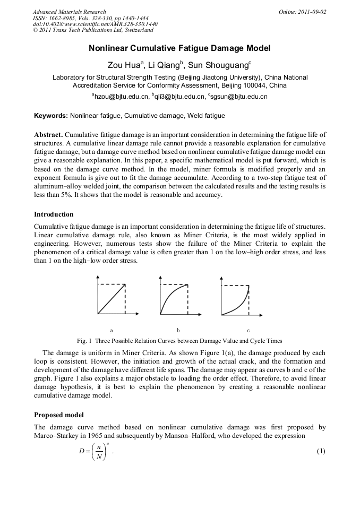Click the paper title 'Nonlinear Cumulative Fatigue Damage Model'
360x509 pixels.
click(x=179, y=48)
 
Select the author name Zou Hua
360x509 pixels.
click(x=122, y=66)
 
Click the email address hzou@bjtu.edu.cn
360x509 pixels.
click(x=121, y=97)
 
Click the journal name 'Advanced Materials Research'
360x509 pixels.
click(x=70, y=12)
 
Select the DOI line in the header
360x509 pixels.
click(x=95, y=24)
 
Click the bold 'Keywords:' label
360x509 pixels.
click(x=51, y=115)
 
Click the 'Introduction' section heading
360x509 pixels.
click(x=54, y=214)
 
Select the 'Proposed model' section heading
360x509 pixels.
click(x=58, y=415)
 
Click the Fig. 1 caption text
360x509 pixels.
click(x=179, y=341)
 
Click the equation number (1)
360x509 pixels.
click(x=320, y=451)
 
